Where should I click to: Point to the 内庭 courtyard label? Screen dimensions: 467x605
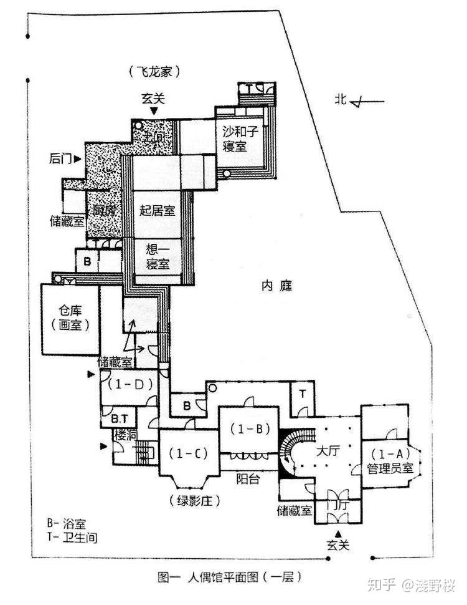tap(276, 286)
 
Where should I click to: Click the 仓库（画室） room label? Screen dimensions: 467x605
tap(70, 318)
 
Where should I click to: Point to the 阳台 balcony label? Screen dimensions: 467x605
tap(248, 479)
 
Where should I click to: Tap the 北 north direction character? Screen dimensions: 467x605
tap(339, 99)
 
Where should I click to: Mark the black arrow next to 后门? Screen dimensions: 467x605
tap(77, 160)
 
